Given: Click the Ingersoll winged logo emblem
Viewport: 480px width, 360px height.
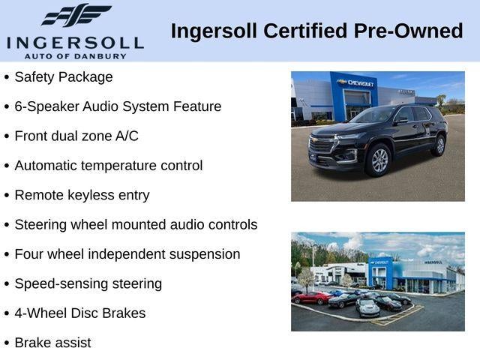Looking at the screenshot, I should (x=76, y=15).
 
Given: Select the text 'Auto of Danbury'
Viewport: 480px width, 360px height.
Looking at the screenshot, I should (x=75, y=55).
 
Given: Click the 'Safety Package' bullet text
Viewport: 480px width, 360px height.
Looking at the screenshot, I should (x=64, y=77).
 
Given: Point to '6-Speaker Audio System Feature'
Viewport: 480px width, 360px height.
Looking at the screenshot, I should (x=118, y=106).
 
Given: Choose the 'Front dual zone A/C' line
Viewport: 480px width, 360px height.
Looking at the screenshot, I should (x=76, y=136).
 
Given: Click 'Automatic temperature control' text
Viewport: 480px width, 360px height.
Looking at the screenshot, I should (x=109, y=166).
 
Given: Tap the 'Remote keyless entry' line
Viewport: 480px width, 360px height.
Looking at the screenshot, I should (x=82, y=195).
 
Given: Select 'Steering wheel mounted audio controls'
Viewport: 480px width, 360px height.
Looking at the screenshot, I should (x=136, y=225).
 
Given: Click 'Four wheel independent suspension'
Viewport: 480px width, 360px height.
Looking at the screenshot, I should (x=127, y=254).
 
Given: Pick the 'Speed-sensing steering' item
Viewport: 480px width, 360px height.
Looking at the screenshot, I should (x=88, y=283).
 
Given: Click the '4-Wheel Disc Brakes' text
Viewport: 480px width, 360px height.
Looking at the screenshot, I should (x=80, y=313).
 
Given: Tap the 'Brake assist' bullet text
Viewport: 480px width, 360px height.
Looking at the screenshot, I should (x=52, y=343).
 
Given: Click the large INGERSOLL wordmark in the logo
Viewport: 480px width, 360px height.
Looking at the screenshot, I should (x=75, y=41).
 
